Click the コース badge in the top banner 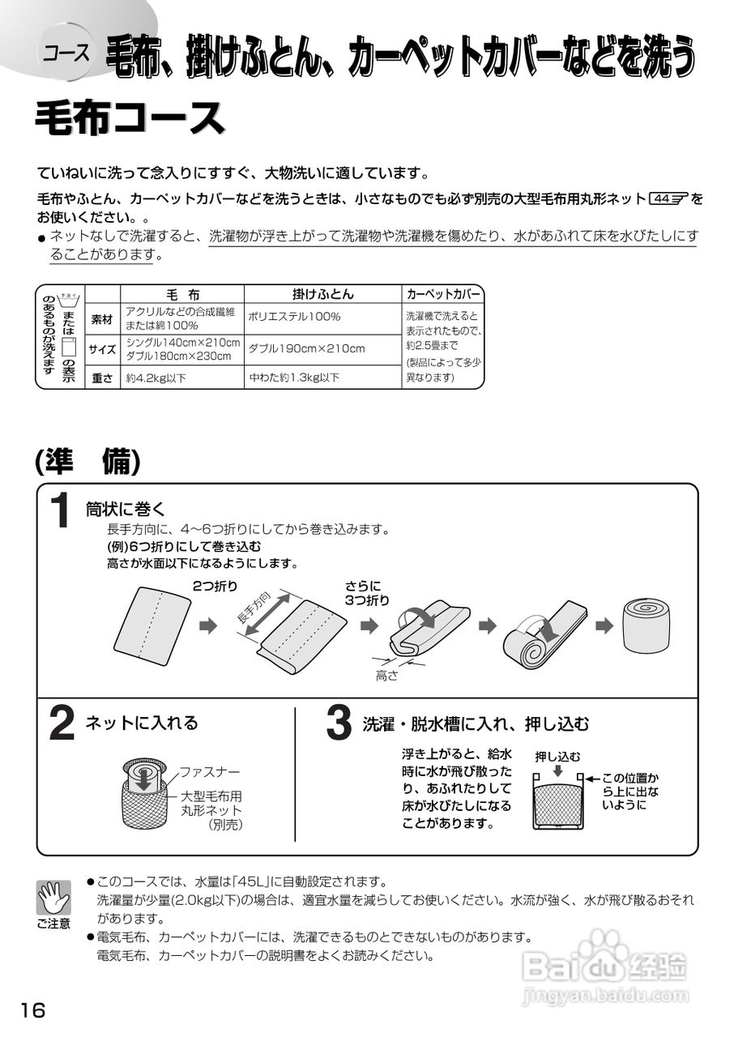click(x=66, y=54)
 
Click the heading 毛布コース click(x=130, y=118)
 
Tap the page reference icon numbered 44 click(x=667, y=198)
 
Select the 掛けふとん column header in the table click(x=322, y=295)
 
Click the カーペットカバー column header click(x=443, y=295)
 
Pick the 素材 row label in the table click(x=103, y=318)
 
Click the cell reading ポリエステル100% click(x=294, y=317)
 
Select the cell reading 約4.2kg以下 click(x=154, y=378)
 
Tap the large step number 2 click(x=62, y=723)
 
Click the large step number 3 click(x=338, y=723)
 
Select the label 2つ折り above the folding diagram click(x=215, y=585)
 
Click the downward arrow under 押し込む click(x=557, y=770)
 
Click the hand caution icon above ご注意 click(x=53, y=898)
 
